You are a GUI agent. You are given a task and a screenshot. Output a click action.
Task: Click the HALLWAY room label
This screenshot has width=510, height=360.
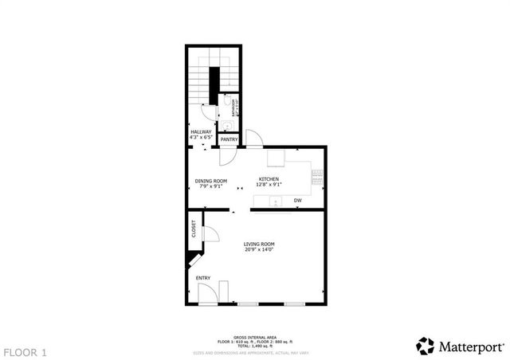pos(201,131)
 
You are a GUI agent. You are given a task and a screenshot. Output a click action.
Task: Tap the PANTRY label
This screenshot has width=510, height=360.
pos(229,140)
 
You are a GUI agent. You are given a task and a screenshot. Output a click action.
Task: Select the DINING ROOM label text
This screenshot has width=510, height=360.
pos(211,181)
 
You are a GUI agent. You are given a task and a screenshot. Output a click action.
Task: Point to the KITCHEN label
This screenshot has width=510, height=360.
pos(268,179)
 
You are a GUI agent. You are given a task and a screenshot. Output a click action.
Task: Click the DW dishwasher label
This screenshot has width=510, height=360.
pos(297,200)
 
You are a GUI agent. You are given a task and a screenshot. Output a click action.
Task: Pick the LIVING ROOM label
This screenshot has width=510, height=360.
pos(260,244)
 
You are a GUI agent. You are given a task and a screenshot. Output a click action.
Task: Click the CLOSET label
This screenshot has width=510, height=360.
pos(194,229)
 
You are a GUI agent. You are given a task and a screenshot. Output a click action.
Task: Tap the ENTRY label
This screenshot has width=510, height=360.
pos(204,278)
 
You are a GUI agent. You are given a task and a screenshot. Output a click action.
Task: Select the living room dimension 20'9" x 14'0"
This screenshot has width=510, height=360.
pos(260,250)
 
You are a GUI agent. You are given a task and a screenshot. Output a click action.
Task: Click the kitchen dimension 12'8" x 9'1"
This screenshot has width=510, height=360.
pos(268,185)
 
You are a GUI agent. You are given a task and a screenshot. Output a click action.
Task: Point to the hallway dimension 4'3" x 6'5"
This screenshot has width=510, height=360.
pos(201,137)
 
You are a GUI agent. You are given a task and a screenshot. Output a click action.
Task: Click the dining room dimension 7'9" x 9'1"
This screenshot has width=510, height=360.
pos(211,186)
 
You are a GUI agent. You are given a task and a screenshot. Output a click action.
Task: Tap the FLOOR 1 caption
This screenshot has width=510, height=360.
pos(25,351)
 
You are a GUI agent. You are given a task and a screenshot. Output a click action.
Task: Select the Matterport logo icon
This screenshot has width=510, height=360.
pos(426,346)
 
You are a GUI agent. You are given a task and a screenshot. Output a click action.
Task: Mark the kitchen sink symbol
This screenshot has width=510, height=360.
pos(277,201)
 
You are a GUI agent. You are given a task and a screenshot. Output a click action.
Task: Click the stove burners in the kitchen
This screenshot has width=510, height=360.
pos(318,177)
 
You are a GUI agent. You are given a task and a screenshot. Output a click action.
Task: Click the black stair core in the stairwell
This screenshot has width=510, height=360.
pos(214,82)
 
